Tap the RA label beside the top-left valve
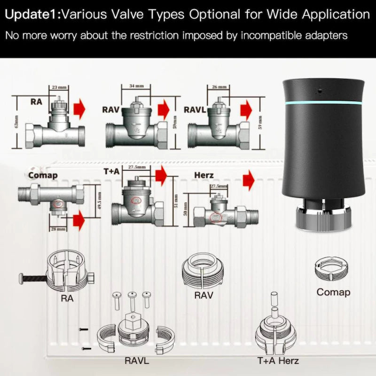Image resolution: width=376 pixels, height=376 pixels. pos(36,101)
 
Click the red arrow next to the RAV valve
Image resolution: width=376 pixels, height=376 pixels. pos(164,110)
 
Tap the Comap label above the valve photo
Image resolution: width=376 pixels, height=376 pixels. pos(43,175)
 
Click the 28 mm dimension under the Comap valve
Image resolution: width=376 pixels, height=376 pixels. pos(59,228)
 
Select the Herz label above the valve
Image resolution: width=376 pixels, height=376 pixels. pos(204,175)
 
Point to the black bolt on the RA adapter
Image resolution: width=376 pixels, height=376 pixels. pos(33,278)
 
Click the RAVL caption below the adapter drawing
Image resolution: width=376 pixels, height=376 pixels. pos(137,360)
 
